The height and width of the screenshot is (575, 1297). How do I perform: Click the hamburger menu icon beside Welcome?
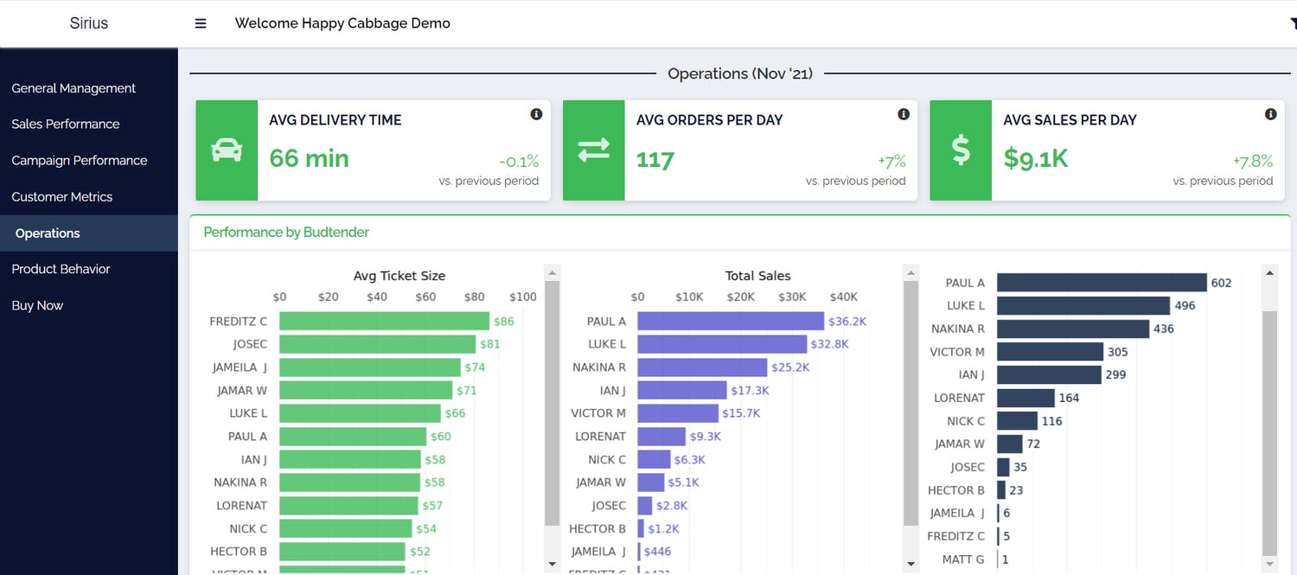click(x=201, y=23)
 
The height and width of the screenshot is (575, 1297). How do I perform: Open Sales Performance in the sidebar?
click(x=66, y=124)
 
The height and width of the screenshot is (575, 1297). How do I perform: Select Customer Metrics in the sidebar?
click(x=62, y=196)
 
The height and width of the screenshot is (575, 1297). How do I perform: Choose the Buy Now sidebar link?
click(x=37, y=305)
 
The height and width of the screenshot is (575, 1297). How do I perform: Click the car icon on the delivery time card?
click(x=227, y=150)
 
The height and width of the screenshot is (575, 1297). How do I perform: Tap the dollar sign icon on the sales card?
click(x=961, y=150)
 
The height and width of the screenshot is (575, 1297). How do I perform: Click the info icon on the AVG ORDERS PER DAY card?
click(x=904, y=114)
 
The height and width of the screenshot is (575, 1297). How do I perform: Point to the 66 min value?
click(x=309, y=158)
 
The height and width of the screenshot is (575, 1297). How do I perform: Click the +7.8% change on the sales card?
click(x=1253, y=161)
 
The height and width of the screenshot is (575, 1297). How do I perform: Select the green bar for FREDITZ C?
click(x=384, y=322)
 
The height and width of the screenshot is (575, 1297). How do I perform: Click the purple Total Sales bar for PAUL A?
click(x=731, y=322)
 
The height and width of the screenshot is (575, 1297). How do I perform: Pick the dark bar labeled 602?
click(x=1101, y=283)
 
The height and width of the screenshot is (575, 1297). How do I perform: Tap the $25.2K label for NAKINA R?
click(x=790, y=367)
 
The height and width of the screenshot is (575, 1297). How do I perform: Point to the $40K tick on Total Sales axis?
click(x=843, y=297)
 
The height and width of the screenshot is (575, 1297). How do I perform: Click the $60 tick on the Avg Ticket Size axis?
click(x=425, y=297)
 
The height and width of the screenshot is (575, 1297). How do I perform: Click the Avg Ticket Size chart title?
click(x=399, y=276)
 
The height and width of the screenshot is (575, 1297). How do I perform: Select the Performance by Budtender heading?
click(x=286, y=232)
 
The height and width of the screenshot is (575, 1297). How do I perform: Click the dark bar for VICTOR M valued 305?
click(x=1050, y=352)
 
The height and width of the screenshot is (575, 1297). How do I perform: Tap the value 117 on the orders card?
click(x=655, y=159)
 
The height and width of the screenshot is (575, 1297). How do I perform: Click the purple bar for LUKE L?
click(x=722, y=344)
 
